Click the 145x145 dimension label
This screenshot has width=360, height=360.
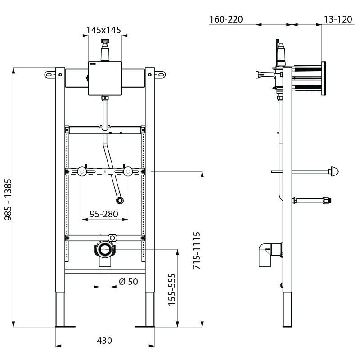pos(104,30)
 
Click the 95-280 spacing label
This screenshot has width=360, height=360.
pos(103,214)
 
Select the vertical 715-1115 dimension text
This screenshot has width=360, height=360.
pos(197,251)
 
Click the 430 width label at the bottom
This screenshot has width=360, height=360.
pos(104,341)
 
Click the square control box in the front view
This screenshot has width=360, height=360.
pos(105,78)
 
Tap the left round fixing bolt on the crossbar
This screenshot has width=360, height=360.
pos(82,171)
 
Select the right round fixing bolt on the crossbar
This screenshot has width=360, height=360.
pos(128,171)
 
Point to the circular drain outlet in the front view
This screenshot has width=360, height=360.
pos(106,250)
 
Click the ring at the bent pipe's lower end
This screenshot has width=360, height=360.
pos(120,200)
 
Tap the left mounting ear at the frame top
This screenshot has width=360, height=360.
pos(50,74)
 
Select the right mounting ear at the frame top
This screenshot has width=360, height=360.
pos(161,74)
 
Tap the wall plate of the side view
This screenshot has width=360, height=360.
pos(322,78)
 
